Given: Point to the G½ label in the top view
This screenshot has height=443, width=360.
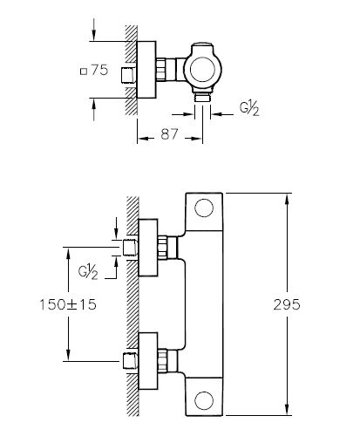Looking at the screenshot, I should (249, 110).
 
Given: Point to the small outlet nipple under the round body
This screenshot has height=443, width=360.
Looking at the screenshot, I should (203, 99).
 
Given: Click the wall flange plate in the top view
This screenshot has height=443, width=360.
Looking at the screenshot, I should (146, 72).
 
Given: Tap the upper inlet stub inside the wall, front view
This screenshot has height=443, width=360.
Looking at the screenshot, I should (130, 249).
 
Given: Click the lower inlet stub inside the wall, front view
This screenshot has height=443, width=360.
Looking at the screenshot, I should (130, 359).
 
